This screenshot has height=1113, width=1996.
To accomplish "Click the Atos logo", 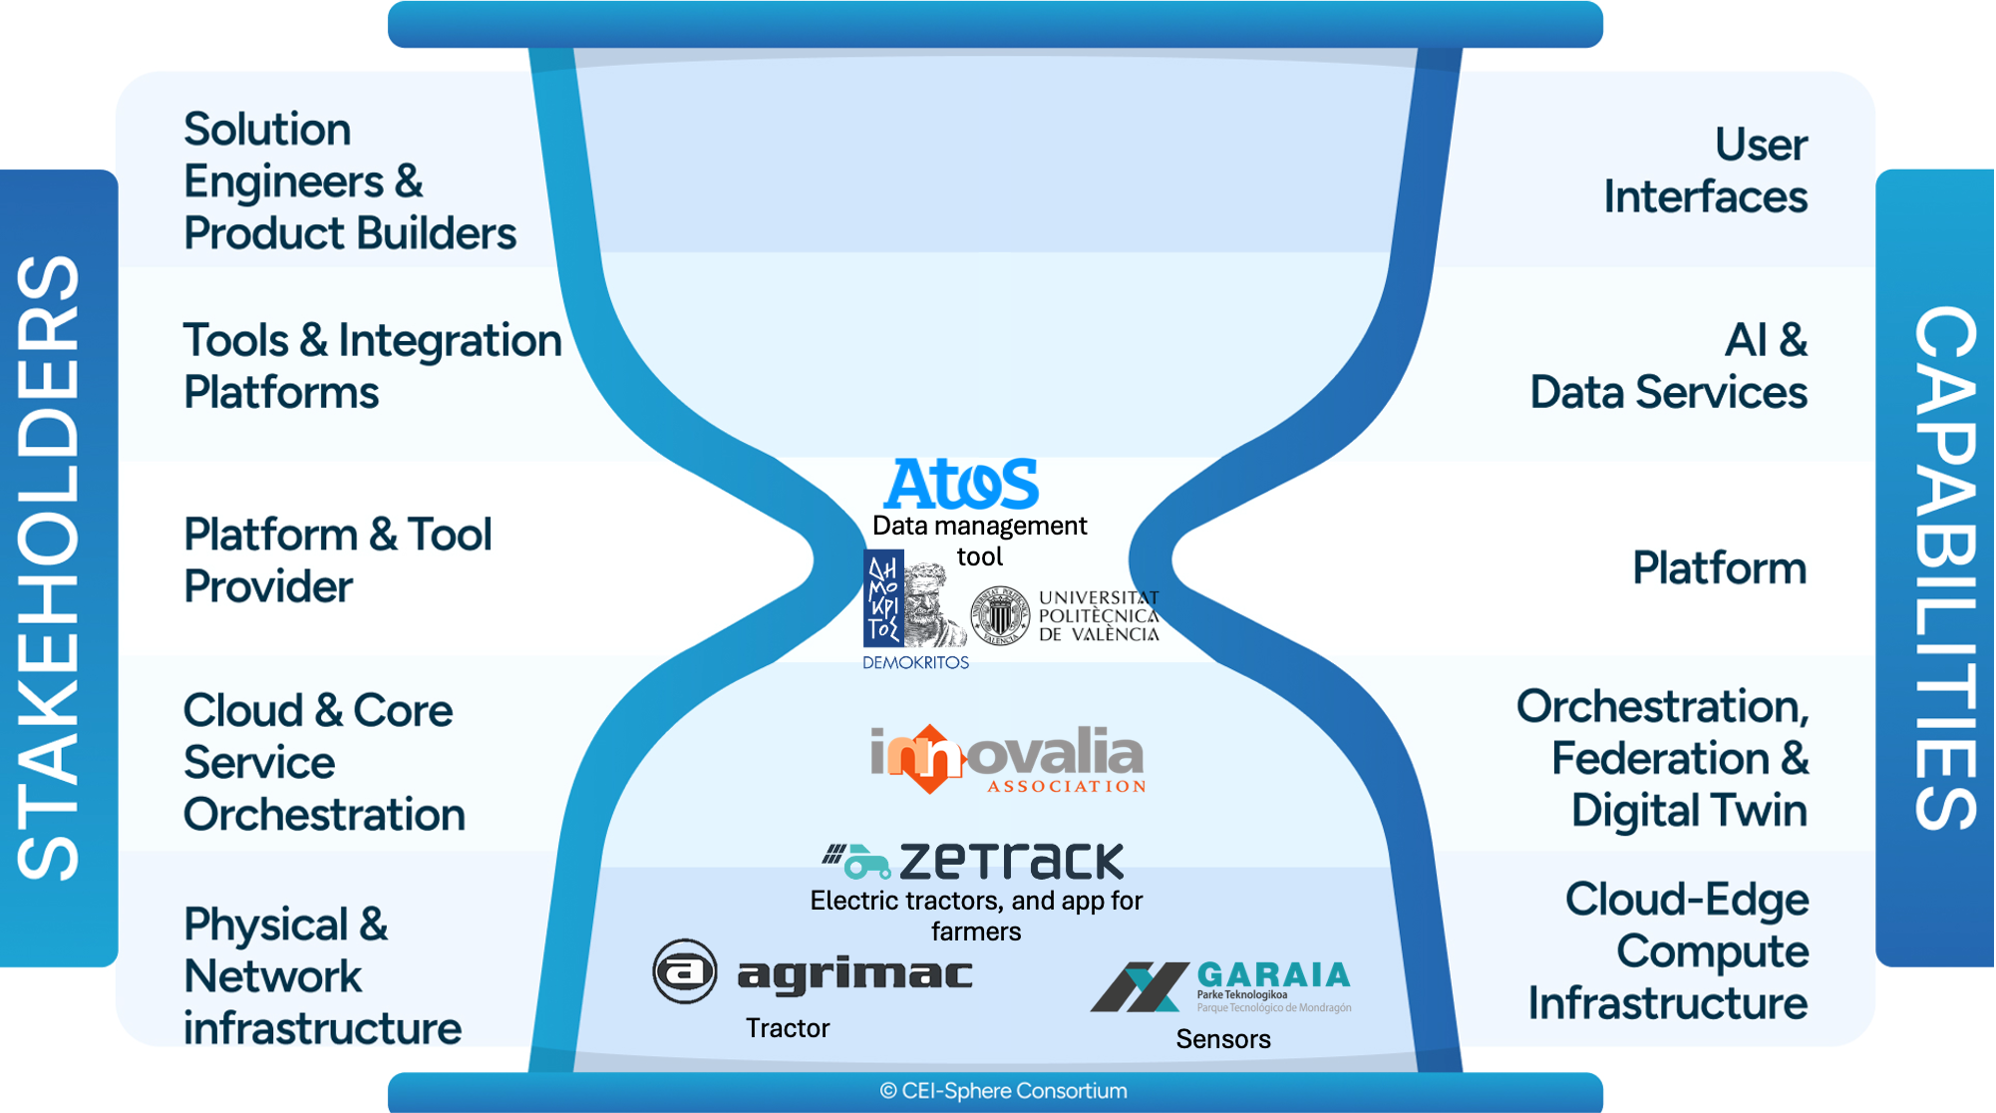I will click(961, 484).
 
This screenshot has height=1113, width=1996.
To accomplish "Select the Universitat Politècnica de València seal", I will click(1000, 615).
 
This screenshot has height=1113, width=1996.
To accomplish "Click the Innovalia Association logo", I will click(1007, 759).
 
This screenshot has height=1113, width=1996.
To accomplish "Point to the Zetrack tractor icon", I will click(858, 861).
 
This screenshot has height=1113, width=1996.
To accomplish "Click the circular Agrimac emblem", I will click(685, 970).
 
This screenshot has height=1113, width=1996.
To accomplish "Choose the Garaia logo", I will click(1220, 986).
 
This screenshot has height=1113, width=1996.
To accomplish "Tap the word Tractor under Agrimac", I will click(787, 1028).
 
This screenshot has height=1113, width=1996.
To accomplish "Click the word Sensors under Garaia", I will click(1222, 1039).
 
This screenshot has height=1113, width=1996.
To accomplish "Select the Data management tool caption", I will click(979, 541).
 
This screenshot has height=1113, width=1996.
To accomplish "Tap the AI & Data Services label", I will click(1668, 366).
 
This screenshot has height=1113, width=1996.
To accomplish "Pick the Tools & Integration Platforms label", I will click(372, 366).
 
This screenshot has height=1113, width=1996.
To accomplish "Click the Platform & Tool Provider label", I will click(337, 560).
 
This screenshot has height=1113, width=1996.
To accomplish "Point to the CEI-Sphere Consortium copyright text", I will click(1003, 1091).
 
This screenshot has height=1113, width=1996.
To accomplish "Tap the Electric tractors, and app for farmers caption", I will click(975, 916).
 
